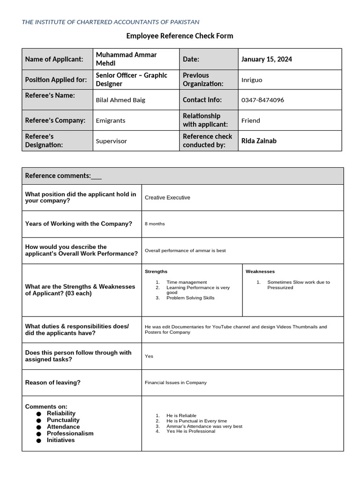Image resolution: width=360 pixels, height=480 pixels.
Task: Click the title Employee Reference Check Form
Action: [180, 36]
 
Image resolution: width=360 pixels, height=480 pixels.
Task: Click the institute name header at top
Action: [111, 22]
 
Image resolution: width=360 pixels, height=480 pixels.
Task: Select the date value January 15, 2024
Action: [267, 59]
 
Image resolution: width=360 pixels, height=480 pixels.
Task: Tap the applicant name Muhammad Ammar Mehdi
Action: [126, 59]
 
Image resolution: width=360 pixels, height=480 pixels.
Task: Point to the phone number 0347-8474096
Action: [262, 100]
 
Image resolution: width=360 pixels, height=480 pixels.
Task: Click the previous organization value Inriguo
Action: [252, 80]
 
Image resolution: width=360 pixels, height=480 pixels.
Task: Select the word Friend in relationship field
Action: [250, 120]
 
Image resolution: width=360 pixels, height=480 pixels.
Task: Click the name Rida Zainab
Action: [259, 141]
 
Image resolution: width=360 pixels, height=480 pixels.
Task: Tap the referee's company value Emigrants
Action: [111, 120]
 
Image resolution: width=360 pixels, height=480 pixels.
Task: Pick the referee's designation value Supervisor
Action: [111, 141]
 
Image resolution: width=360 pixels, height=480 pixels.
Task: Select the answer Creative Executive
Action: [167, 198]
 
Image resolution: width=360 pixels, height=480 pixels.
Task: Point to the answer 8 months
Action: [155, 224]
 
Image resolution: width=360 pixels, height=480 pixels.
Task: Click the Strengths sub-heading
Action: [156, 271]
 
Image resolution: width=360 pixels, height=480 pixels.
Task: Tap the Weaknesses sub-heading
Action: [260, 271]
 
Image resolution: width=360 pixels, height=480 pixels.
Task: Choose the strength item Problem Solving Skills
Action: [190, 298]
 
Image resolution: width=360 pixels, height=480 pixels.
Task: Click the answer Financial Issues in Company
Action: [176, 382]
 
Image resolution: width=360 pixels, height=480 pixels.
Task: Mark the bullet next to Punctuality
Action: [38, 420]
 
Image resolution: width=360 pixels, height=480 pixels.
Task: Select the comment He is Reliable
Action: [181, 416]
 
